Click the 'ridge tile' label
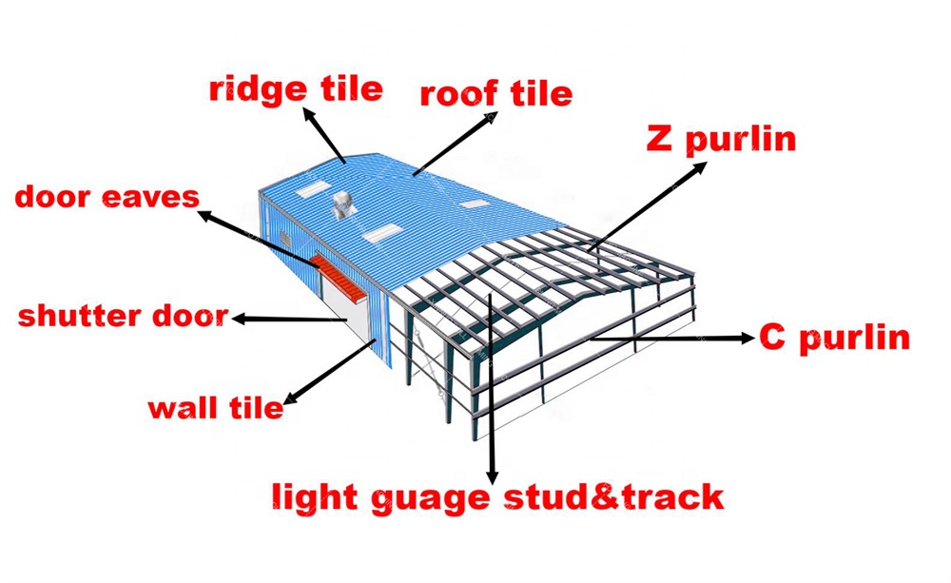point(296,89)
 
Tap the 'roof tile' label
point(496,94)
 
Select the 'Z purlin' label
point(720,140)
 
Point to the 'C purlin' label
point(834,337)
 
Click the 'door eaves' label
point(107,197)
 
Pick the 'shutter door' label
point(123,316)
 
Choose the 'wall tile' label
point(215,408)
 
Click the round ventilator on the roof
point(340,204)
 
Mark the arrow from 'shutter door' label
point(290,320)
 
